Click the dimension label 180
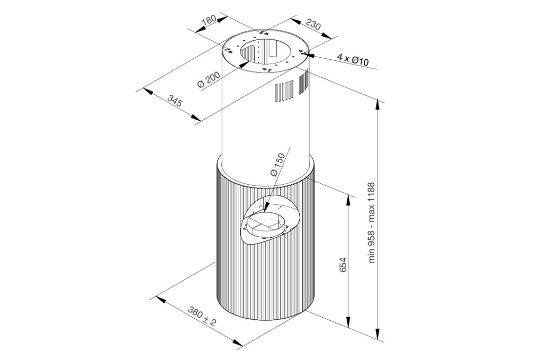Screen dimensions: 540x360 point(209,20)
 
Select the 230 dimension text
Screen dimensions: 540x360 point(313,25)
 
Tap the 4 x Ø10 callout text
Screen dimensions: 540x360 point(353,60)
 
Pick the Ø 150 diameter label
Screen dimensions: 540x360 point(278,165)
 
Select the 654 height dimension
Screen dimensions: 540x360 point(343,265)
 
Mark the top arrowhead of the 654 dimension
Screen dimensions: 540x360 point(349,201)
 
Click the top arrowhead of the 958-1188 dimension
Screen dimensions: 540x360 point(379,105)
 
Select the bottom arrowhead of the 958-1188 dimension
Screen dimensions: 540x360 point(379,334)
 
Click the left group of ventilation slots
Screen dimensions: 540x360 point(284,92)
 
